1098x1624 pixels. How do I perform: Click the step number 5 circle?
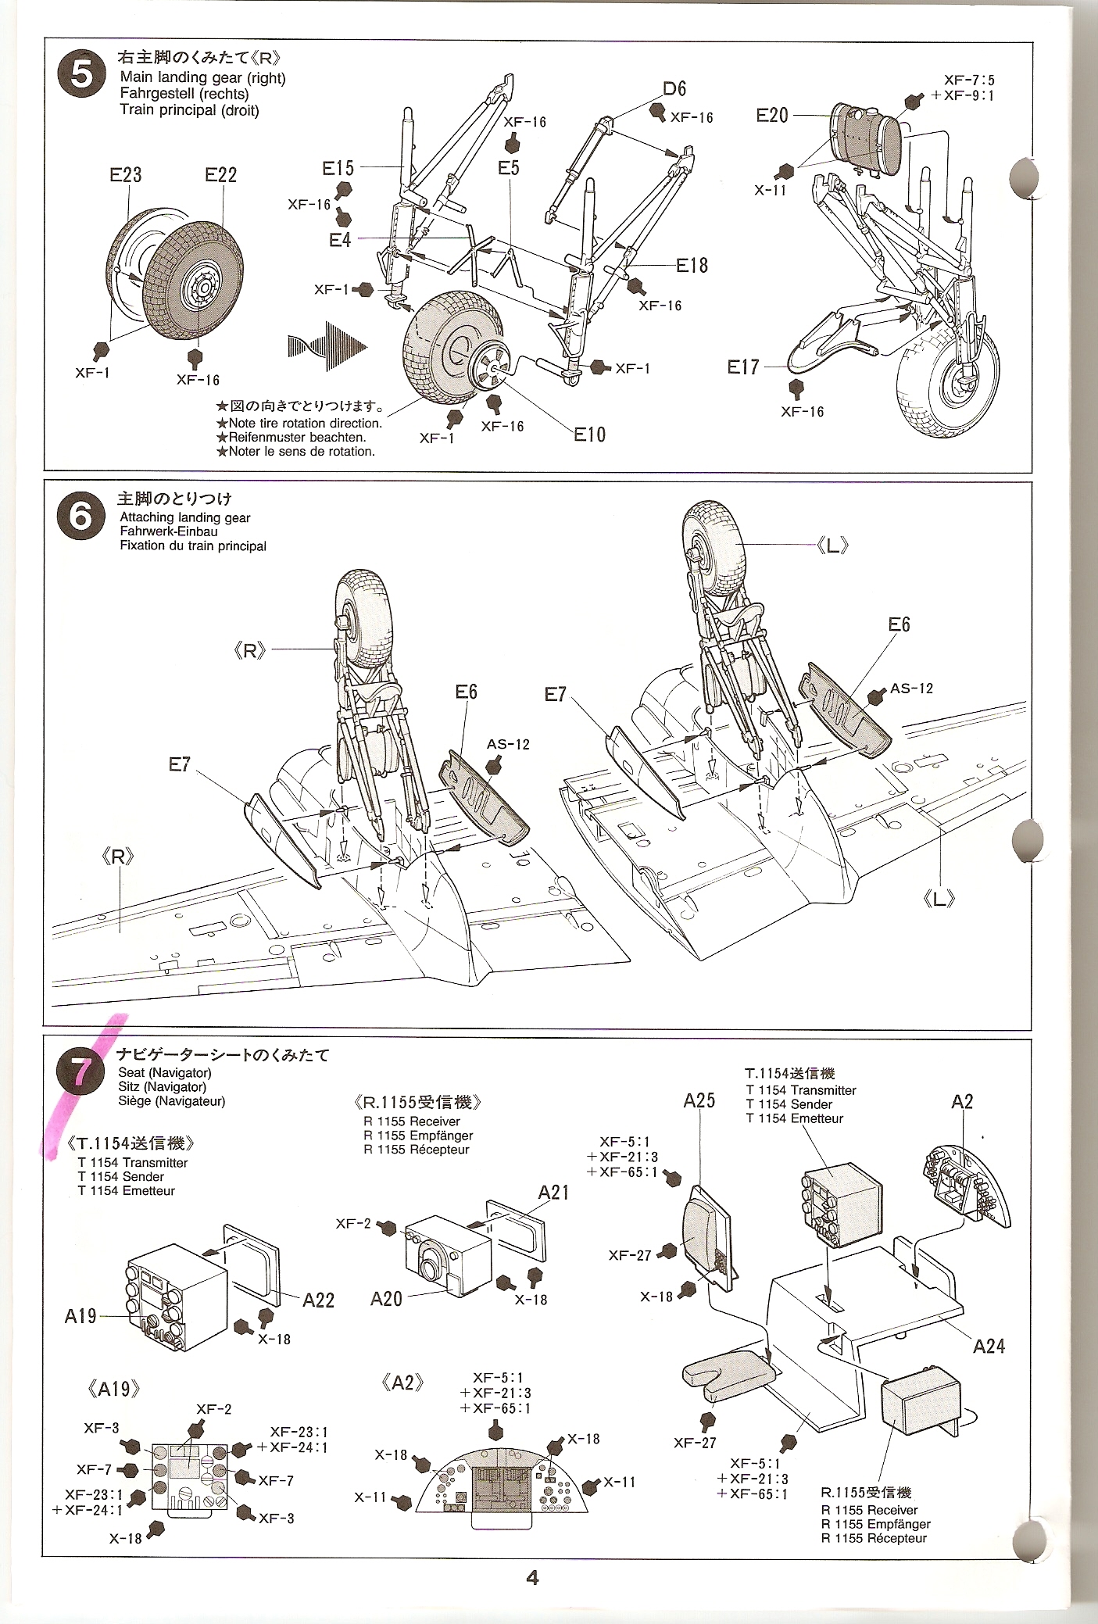(x=82, y=76)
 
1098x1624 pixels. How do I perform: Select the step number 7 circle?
(x=82, y=1073)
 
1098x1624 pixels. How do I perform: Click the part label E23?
(x=126, y=175)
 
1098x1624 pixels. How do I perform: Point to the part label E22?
(x=220, y=175)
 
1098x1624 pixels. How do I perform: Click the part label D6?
(x=674, y=89)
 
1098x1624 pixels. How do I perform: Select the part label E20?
(x=772, y=116)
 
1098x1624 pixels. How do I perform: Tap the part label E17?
(x=743, y=367)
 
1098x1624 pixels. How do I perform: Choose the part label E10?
(x=589, y=435)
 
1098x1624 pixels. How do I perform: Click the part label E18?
(x=692, y=266)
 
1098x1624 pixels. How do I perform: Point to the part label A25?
(x=699, y=1100)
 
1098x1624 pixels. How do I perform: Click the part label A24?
(x=989, y=1346)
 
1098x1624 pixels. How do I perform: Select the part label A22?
(x=318, y=1300)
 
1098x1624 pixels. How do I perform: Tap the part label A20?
(x=387, y=1298)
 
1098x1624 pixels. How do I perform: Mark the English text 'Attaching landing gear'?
(x=185, y=517)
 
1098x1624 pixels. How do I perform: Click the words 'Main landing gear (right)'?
(x=202, y=78)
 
